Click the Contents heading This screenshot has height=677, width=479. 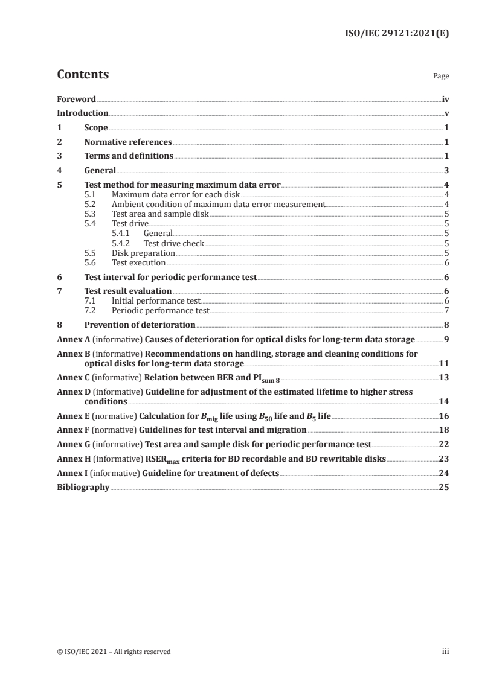pyautogui.click(x=83, y=75)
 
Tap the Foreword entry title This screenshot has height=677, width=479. pyautogui.click(x=76, y=99)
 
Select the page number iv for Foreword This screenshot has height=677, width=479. pyautogui.click(x=445, y=99)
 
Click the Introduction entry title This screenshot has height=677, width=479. pyautogui.click(x=83, y=113)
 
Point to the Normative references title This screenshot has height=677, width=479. pyautogui.click(x=128, y=142)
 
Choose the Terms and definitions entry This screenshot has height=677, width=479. pyautogui.click(x=129, y=156)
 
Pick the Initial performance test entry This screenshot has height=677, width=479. pyautogui.click(x=155, y=300)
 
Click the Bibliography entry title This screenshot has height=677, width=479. pyautogui.click(x=83, y=487)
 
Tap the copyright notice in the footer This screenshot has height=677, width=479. pyautogui.click(x=114, y=652)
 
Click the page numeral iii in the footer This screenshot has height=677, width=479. pyautogui.click(x=445, y=652)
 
